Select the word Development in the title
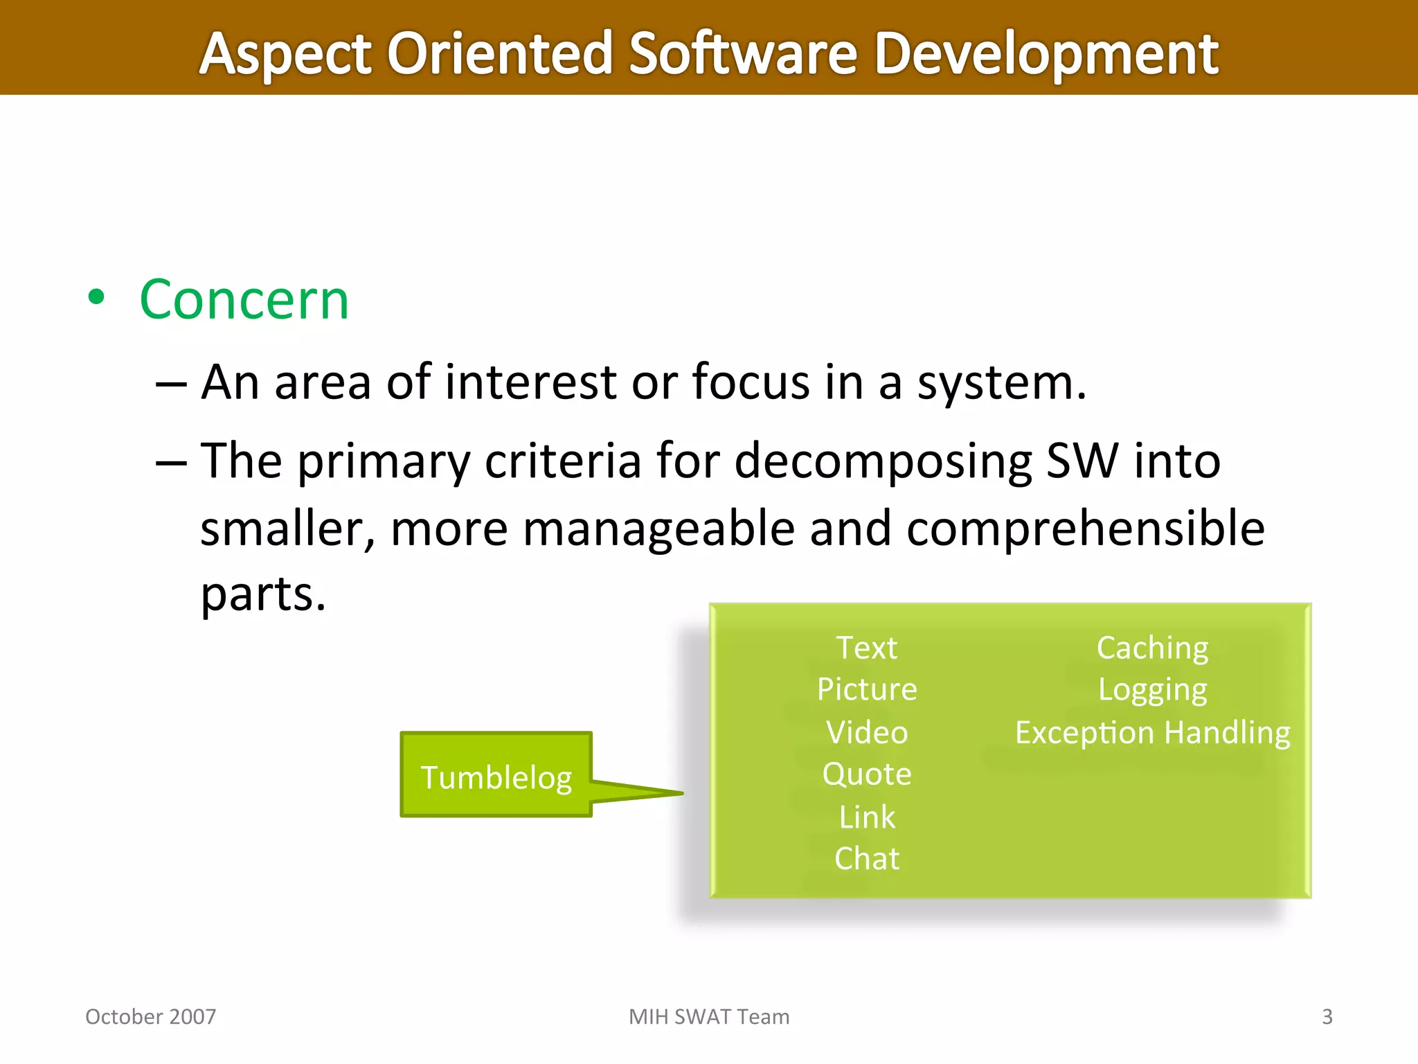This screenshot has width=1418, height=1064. [x=1045, y=54]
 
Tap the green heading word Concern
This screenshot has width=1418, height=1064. [x=244, y=299]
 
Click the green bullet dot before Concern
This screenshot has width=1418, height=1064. [x=96, y=298]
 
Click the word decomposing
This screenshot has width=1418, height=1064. [x=883, y=461]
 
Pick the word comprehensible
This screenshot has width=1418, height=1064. [x=1085, y=529]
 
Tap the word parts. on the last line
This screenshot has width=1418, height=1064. [x=263, y=594]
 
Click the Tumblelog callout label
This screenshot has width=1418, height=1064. [x=496, y=777]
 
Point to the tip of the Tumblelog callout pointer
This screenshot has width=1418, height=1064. [x=681, y=793]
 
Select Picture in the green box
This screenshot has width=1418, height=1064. [x=867, y=689]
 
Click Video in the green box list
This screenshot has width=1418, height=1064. [x=867, y=732]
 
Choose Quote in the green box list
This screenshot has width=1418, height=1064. [x=867, y=774]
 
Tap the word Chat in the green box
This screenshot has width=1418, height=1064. [x=867, y=859]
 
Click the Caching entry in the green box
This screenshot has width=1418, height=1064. [x=1152, y=648]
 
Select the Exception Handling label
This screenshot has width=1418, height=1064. [x=1152, y=732]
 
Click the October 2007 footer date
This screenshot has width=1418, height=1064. [x=150, y=1016]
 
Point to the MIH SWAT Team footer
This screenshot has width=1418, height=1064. [x=709, y=1016]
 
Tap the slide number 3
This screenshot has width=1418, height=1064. [x=1327, y=1016]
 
